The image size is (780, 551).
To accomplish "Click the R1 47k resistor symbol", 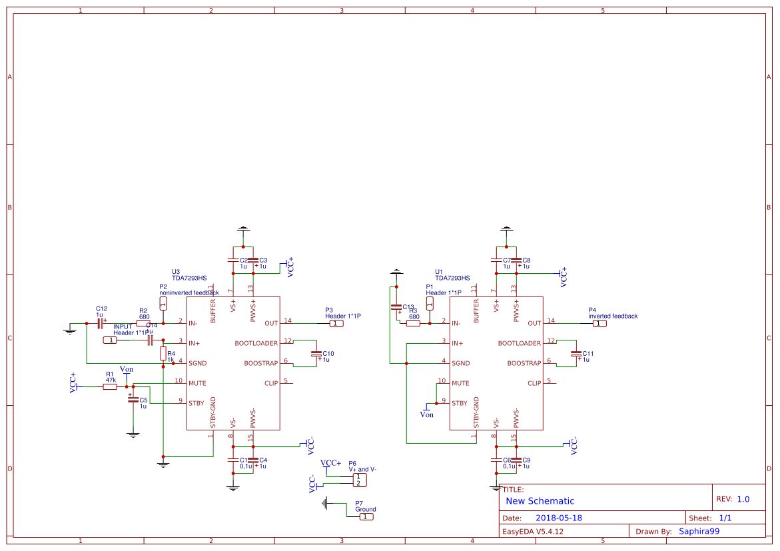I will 110,386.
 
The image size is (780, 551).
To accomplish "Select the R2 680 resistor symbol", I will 143,323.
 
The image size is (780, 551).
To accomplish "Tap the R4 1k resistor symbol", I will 163,353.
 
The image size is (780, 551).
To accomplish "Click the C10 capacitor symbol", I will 316,353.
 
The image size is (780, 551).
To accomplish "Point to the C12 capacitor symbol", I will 101,323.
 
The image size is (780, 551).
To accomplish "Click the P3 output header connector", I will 337,323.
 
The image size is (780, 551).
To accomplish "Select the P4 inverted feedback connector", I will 600,323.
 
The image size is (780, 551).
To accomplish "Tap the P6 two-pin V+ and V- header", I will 358,480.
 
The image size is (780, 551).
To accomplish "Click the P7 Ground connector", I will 366,516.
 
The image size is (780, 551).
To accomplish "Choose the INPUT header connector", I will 111,340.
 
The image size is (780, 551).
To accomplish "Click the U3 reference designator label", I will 176,272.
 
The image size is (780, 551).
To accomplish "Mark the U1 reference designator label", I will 439,272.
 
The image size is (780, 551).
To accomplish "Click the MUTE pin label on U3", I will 197,383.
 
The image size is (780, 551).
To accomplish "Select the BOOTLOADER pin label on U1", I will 520,343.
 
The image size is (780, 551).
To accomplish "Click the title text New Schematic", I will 540,501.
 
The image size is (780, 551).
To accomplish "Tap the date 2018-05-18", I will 559,518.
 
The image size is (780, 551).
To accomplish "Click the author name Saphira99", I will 699,531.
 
